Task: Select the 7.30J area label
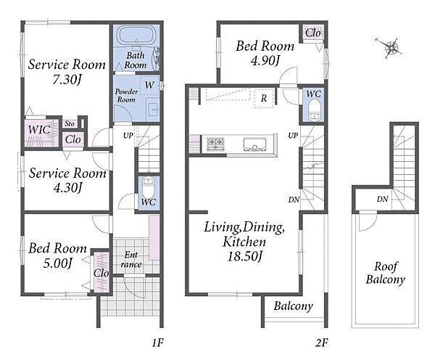click(x=67, y=81)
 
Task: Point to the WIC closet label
click(x=39, y=130)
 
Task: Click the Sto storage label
click(x=70, y=123)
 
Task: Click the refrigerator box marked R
click(x=264, y=98)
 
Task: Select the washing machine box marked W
click(x=149, y=85)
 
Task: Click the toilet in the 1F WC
click(x=148, y=187)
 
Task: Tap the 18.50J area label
click(x=244, y=255)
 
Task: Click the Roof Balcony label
click(x=386, y=273)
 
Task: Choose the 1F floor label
click(x=157, y=343)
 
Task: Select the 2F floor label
click(x=321, y=343)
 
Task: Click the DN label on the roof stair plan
click(x=382, y=199)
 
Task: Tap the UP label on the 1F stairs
click(x=128, y=136)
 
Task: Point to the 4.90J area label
click(x=265, y=60)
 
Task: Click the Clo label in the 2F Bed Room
click(x=313, y=33)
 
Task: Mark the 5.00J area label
click(x=58, y=263)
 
